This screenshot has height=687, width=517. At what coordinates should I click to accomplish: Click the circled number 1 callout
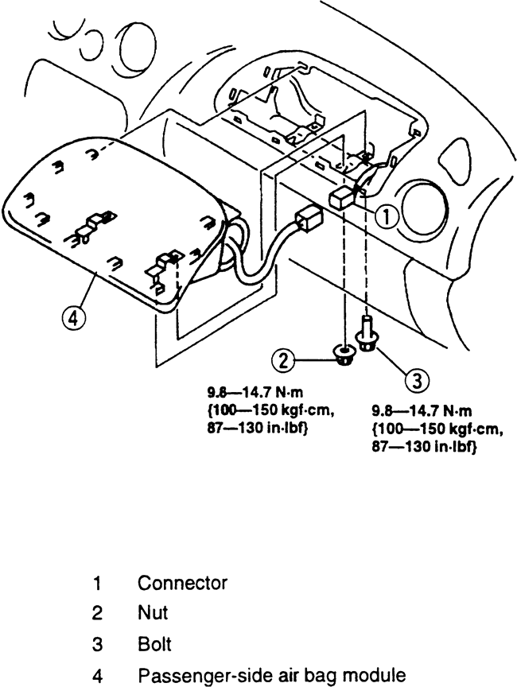click(386, 217)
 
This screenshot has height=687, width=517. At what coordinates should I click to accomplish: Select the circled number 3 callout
click(417, 380)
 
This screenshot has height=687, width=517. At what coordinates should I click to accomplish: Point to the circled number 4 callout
click(74, 318)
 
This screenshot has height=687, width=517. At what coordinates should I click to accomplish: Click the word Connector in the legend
click(182, 583)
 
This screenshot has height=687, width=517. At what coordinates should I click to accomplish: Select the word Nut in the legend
click(153, 612)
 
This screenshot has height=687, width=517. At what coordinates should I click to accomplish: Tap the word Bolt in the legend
click(154, 645)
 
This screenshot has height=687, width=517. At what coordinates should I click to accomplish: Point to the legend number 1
click(97, 584)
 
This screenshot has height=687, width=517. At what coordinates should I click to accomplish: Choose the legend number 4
click(97, 676)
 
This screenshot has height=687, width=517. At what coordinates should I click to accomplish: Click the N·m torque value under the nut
click(255, 391)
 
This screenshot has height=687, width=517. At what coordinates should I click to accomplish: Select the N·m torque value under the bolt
click(422, 410)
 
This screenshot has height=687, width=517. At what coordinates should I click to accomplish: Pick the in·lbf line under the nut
click(256, 429)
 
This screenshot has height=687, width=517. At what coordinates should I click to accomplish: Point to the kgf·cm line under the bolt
click(437, 429)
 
